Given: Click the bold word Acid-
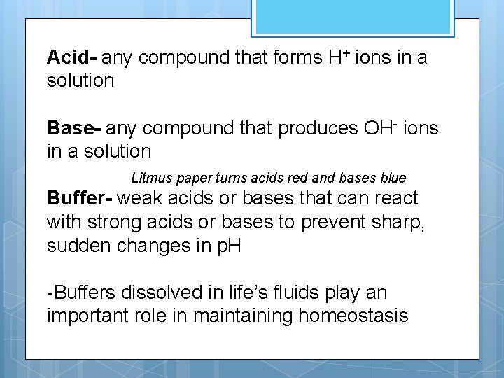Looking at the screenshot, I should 72,57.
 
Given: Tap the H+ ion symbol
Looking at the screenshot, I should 339,57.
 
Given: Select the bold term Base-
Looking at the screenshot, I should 74,128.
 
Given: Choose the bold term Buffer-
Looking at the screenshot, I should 79,198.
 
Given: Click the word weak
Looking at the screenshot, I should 138,198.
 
